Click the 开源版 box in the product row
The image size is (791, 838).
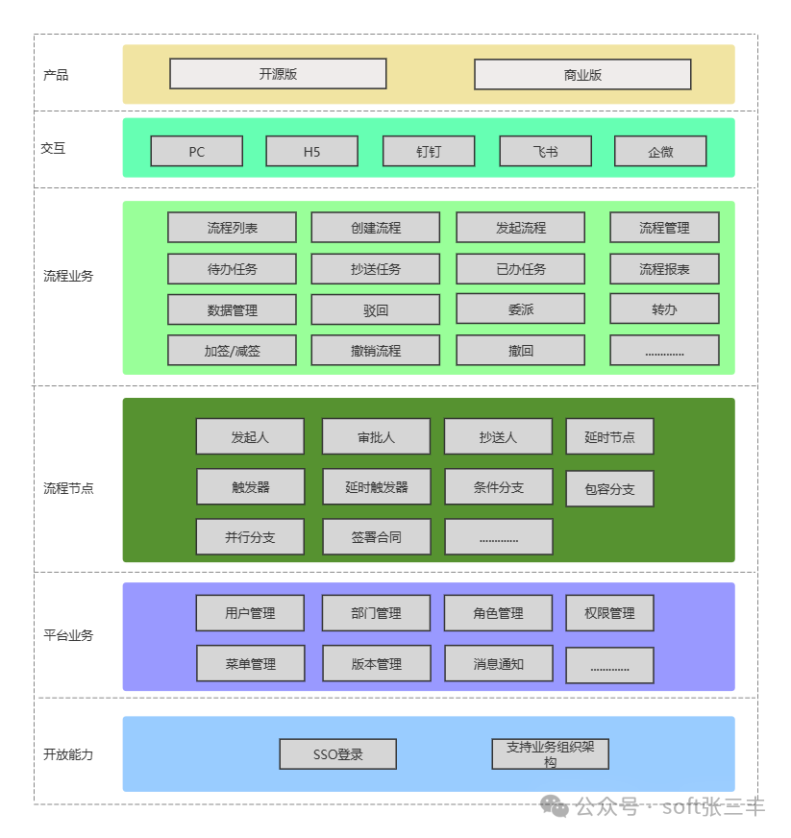(278, 74)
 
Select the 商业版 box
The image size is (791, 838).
(582, 75)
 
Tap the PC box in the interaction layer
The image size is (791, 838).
(196, 152)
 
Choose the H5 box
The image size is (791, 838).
(311, 152)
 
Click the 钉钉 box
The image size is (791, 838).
(429, 152)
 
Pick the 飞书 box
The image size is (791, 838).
(545, 152)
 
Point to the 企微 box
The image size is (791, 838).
(660, 152)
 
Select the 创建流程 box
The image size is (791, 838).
(376, 228)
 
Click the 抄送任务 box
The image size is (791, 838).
(376, 269)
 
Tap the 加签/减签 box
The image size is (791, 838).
(232, 351)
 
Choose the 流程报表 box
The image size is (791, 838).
(664, 269)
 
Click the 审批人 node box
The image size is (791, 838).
(376, 436)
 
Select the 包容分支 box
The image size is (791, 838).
(609, 489)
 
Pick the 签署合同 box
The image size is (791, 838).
(376, 537)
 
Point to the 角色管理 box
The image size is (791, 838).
(498, 613)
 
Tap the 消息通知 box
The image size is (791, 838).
(498, 664)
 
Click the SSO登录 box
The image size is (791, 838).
(338, 754)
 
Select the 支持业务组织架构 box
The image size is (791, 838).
(550, 754)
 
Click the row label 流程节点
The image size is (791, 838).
(68, 488)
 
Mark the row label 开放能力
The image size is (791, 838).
(68, 754)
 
